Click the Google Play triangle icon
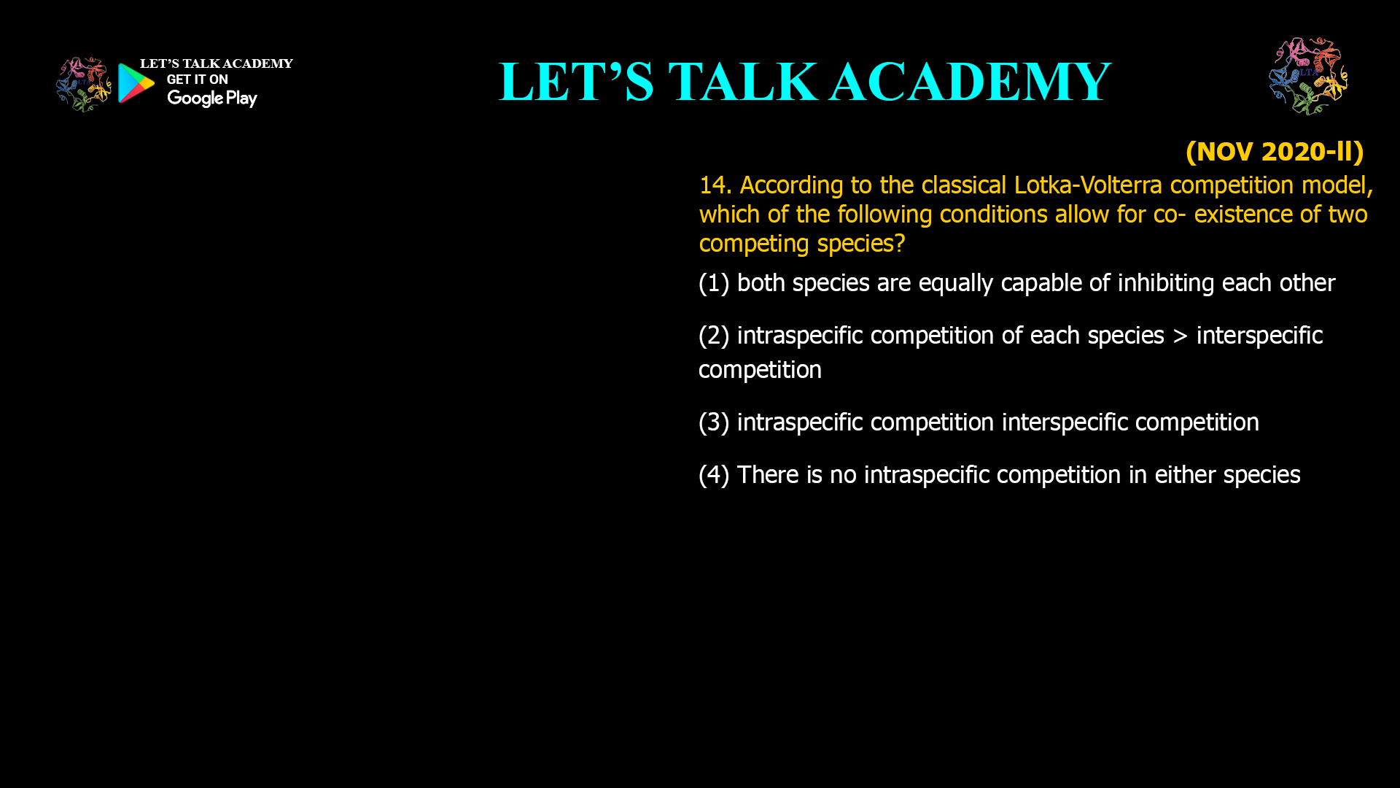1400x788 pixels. click(136, 83)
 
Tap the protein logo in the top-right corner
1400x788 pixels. click(1308, 76)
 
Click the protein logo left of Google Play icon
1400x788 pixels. click(83, 85)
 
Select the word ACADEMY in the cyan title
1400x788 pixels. click(970, 82)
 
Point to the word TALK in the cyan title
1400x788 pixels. click(742, 82)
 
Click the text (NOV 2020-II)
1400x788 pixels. click(1274, 152)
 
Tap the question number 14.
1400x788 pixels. click(715, 185)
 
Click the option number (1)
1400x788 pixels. click(714, 283)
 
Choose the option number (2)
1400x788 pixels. click(714, 336)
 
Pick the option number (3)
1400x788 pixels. click(714, 422)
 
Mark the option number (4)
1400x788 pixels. click(714, 475)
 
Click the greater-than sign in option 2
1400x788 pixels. click(1180, 336)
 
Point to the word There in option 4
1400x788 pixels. click(768, 475)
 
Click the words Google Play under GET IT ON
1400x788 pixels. click(211, 98)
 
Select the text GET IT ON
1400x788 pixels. click(197, 80)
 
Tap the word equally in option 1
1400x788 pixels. click(955, 283)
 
